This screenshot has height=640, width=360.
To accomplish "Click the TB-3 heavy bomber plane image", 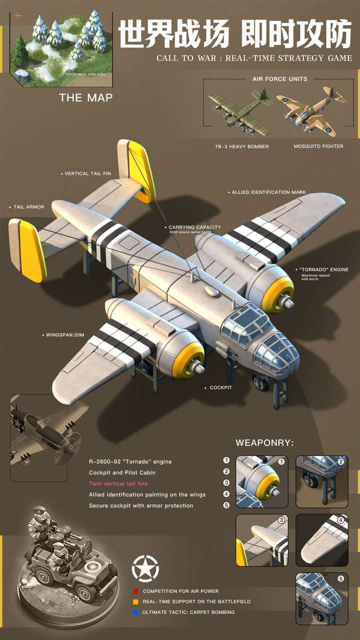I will pyautogui.click(x=240, y=111).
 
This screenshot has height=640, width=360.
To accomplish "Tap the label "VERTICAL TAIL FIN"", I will pyautogui.click(x=88, y=174).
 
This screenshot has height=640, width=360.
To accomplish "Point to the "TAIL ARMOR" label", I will pyautogui.click(x=28, y=207).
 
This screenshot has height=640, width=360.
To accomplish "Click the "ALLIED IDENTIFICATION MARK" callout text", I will pyautogui.click(x=268, y=192).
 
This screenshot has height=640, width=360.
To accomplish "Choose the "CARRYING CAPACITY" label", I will pyautogui.click(x=194, y=227).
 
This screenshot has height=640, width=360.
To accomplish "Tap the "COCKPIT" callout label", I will pyautogui.click(x=220, y=387).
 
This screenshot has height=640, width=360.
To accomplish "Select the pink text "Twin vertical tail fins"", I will pyautogui.click(x=118, y=483).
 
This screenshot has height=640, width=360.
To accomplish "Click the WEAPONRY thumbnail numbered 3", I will pyautogui.click(x=261, y=540).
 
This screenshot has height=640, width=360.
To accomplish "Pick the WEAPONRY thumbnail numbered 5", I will pyautogui.click(x=321, y=598).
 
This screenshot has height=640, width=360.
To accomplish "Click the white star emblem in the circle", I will pyautogui.click(x=145, y=568).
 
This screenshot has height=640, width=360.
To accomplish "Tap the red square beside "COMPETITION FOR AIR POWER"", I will pyautogui.click(x=135, y=591).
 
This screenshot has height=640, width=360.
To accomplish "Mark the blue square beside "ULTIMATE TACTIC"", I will pyautogui.click(x=135, y=612).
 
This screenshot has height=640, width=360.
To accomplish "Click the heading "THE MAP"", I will pyautogui.click(x=85, y=98).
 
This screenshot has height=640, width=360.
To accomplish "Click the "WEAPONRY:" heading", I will pyautogui.click(x=264, y=442).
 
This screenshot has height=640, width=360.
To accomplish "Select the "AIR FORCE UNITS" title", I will pyautogui.click(x=280, y=79).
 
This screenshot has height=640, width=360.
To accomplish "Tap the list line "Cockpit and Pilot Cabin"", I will pyautogui.click(x=122, y=472).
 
